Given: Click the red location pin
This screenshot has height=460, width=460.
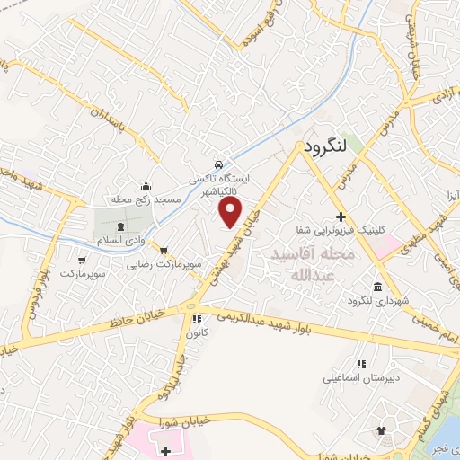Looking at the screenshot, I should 232,212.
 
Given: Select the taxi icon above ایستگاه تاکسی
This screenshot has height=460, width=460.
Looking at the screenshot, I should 218,164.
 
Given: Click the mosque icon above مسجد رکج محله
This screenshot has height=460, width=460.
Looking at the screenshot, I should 146,184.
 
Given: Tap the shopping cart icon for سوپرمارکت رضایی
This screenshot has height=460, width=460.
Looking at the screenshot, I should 164,251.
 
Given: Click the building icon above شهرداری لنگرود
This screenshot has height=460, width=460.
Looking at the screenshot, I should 376,287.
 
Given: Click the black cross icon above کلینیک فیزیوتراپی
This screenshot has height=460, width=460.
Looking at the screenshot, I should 341,217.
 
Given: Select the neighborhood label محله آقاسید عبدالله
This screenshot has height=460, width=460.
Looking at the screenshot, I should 319,264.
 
